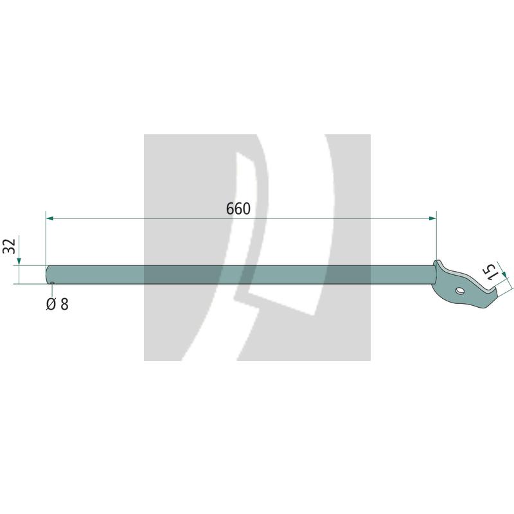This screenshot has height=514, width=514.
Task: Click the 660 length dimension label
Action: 238,209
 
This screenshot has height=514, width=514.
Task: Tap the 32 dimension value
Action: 9,246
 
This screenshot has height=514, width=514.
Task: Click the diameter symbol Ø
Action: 51,304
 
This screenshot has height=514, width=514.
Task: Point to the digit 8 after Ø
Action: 65,304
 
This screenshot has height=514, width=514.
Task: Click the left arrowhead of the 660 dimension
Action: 50,218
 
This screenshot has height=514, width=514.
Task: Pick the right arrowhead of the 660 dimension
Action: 432,218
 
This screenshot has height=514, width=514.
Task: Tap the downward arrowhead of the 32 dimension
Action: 19,261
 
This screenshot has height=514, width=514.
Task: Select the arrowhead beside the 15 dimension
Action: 504,273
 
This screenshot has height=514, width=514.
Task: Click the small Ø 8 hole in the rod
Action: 52,282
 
